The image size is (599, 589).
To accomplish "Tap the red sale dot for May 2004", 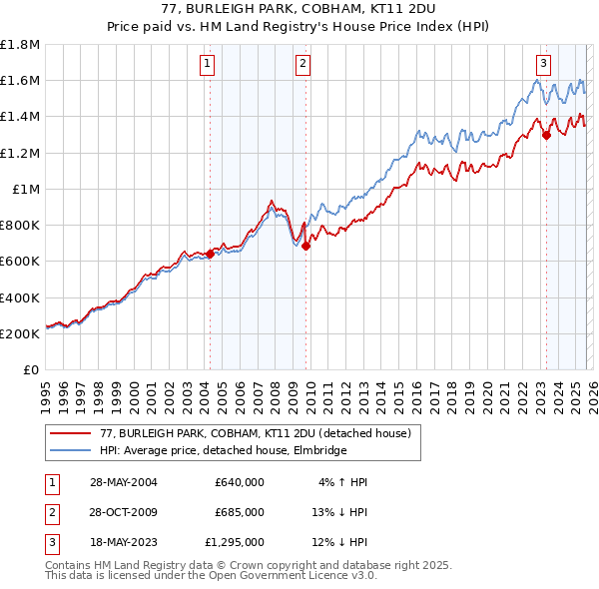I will pyautogui.click(x=211, y=254).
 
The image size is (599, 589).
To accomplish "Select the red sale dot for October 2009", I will pyautogui.click(x=306, y=246).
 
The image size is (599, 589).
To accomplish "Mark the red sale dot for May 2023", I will pyautogui.click(x=546, y=136).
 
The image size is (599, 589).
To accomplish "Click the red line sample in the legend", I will pyautogui.click(x=70, y=433).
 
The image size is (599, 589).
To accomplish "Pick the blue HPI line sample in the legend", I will pyautogui.click(x=70, y=450).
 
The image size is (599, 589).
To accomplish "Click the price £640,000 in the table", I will pyautogui.click(x=239, y=482).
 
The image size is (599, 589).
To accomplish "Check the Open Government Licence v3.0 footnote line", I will pyautogui.click(x=211, y=576).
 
